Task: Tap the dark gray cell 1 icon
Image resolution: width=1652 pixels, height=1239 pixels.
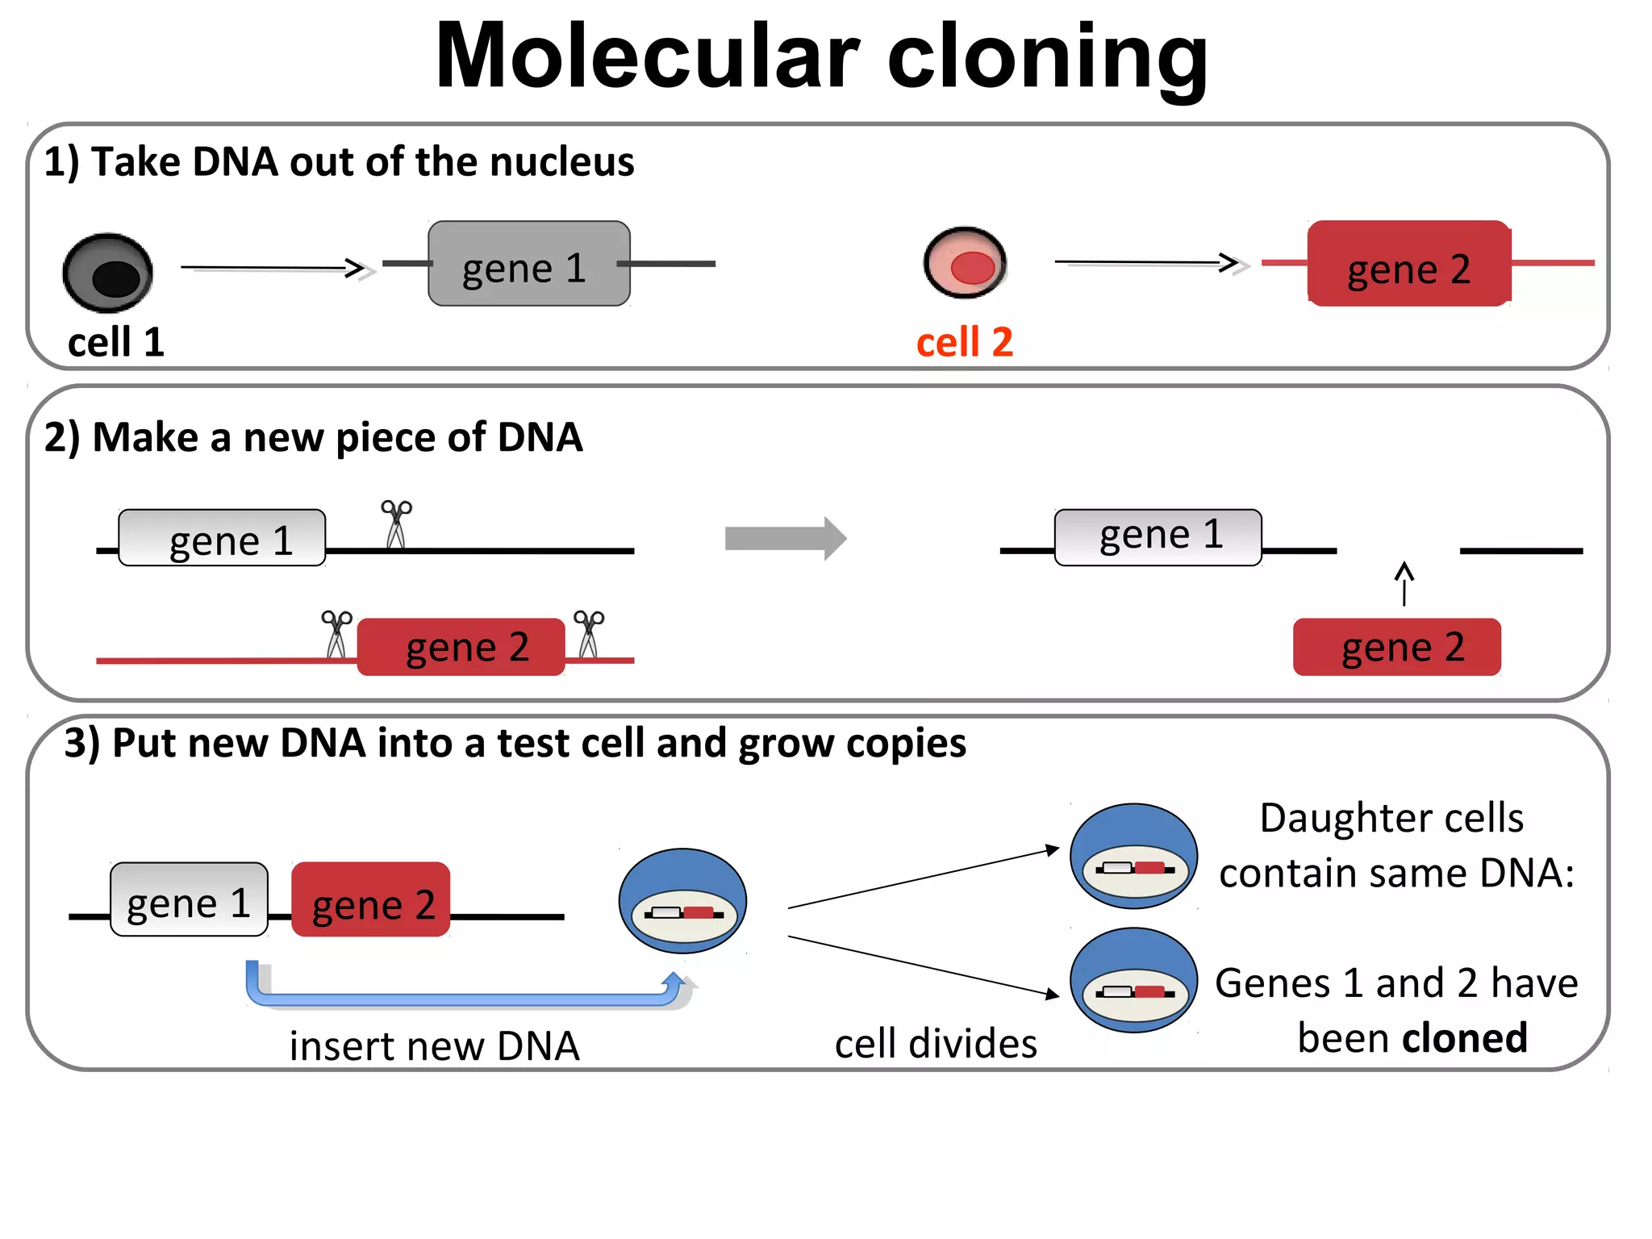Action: click(x=108, y=273)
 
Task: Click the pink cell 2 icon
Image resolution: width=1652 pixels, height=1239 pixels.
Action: click(x=965, y=263)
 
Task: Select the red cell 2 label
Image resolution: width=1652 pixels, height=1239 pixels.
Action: click(x=964, y=342)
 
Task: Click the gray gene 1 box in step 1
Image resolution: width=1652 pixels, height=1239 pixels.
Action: click(x=528, y=264)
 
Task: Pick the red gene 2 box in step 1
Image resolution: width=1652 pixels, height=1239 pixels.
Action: click(x=1408, y=264)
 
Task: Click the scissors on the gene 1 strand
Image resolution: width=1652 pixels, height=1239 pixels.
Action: click(x=396, y=524)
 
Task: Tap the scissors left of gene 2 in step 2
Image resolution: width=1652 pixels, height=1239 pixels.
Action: click(x=336, y=634)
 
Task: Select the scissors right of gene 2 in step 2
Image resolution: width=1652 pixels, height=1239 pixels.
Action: click(x=588, y=634)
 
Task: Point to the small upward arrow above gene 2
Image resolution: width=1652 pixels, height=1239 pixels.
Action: click(x=1404, y=582)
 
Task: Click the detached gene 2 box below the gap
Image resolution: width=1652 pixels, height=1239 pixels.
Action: click(x=1396, y=647)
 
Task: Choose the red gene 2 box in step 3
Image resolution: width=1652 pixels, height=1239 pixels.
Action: click(x=371, y=900)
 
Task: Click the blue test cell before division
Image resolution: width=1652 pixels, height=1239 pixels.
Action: click(x=682, y=900)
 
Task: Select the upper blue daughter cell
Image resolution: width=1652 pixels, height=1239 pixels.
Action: click(x=1133, y=855)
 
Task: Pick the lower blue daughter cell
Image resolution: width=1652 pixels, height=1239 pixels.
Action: click(x=1133, y=979)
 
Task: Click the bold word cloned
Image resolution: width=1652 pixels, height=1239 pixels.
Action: click(x=1465, y=1037)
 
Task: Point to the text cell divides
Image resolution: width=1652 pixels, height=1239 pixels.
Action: click(x=936, y=1044)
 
